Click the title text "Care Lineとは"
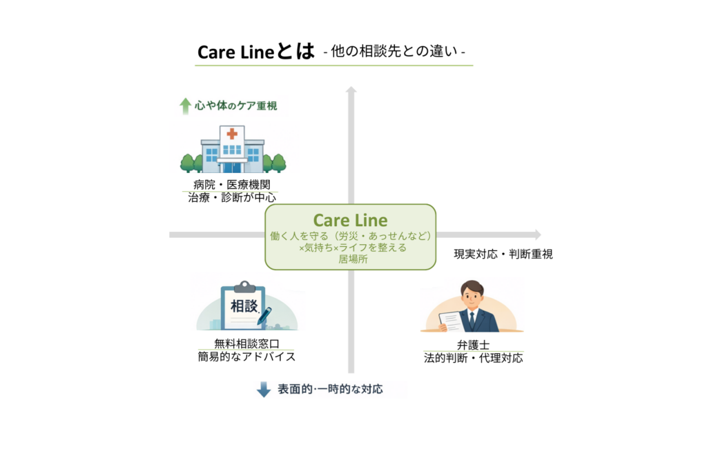point(255,52)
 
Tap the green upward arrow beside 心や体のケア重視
point(185,106)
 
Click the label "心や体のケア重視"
point(235,106)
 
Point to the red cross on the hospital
point(232,134)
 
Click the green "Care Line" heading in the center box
point(350,220)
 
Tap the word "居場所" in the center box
point(350,259)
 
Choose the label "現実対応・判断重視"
point(503,254)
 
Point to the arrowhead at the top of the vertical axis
point(351,90)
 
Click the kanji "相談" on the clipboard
point(243,305)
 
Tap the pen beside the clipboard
point(264,316)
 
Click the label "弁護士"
point(473,345)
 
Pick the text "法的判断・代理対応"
point(473,358)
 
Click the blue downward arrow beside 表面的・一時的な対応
point(264,390)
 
